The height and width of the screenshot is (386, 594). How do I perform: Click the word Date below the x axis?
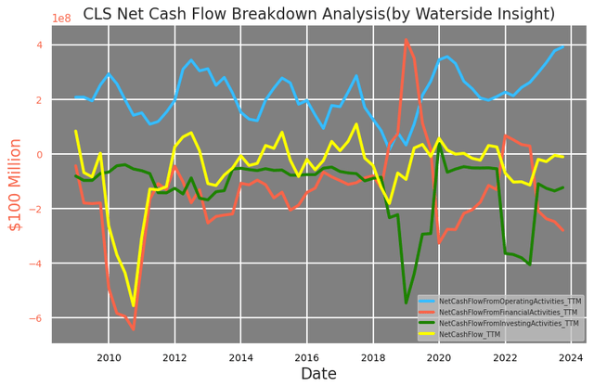click(x=318, y=373)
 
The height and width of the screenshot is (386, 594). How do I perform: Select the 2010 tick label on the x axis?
click(x=109, y=357)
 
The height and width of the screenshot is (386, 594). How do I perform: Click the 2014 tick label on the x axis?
click(x=240, y=357)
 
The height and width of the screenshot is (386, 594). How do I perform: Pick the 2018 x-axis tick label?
click(x=373, y=357)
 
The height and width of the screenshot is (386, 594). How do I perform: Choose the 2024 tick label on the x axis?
click(x=571, y=357)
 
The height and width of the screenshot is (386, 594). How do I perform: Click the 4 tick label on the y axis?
click(x=40, y=45)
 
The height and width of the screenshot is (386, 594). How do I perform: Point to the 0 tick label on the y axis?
click(x=40, y=155)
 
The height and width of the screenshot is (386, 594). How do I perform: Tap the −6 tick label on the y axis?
click(x=37, y=319)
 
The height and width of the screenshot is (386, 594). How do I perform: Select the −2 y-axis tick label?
click(x=37, y=210)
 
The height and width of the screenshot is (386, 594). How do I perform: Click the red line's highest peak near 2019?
click(x=406, y=40)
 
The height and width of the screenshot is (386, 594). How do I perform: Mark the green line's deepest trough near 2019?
click(x=406, y=302)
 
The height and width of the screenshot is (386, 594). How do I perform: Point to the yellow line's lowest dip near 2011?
click(x=134, y=305)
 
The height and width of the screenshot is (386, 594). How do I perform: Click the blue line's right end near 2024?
click(x=563, y=46)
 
